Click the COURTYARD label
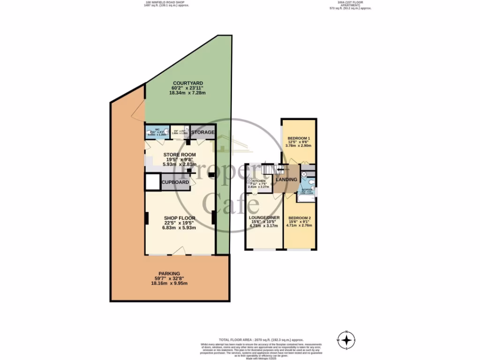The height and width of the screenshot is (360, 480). coord(187,83)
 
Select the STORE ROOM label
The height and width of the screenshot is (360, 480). coord(179,155)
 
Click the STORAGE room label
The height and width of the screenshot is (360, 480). coord(203,133)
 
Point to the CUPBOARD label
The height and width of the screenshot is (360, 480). coord(175,182)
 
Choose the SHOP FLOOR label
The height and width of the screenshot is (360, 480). coord(179,218)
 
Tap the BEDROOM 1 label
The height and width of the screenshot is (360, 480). coord(299,138)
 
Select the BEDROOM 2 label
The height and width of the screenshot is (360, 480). coord(299,218)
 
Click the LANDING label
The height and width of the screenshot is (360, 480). coord(286,180)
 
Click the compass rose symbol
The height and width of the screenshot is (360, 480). coord(346,340)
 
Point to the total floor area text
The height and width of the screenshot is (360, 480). coord(261,339)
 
